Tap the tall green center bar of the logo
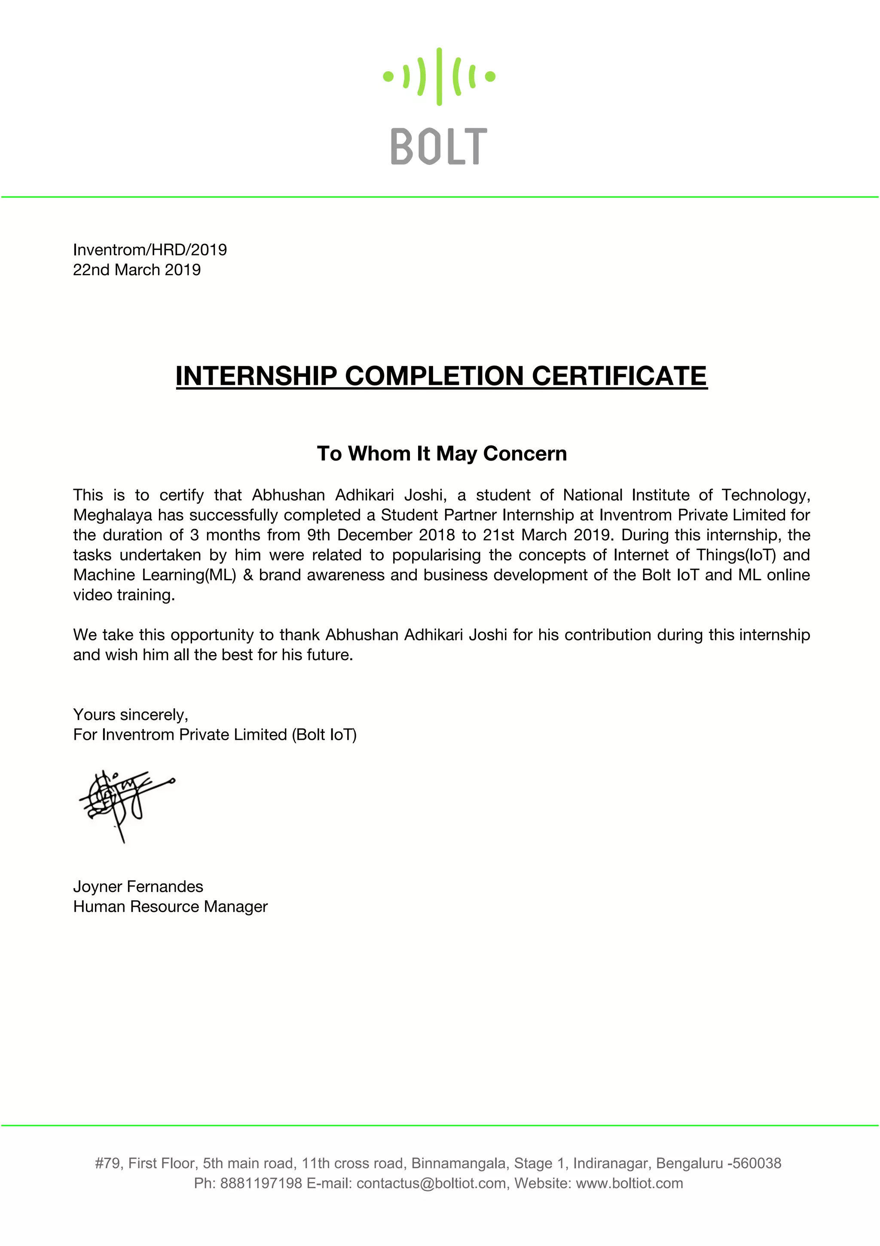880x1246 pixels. (439, 77)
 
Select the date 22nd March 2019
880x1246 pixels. (137, 270)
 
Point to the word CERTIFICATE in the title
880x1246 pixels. (619, 375)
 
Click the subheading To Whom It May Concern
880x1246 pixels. (441, 453)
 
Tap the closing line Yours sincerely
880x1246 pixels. (130, 715)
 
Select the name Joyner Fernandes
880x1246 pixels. (138, 887)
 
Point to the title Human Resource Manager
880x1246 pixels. (170, 907)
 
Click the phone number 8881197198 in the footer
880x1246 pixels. (261, 1183)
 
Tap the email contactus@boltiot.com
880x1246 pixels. (431, 1183)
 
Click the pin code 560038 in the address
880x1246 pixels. (757, 1163)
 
